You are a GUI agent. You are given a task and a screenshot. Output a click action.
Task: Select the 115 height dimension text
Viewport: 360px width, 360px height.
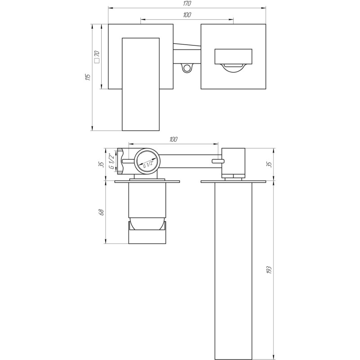(88, 77)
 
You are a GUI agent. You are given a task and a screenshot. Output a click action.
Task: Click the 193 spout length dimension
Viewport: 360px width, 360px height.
(268, 270)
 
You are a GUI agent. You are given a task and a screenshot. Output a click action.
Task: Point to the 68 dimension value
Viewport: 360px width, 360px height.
(102, 211)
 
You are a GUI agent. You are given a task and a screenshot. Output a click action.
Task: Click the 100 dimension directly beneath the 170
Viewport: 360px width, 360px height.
(187, 15)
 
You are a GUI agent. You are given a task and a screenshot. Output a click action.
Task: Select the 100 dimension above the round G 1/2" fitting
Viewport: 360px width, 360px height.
(174, 139)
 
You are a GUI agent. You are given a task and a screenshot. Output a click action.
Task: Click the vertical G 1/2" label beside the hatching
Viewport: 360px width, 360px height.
(111, 161)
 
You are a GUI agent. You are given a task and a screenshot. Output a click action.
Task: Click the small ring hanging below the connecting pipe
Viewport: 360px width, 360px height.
(187, 68)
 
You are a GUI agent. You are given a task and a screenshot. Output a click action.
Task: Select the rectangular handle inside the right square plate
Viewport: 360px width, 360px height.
(234, 56)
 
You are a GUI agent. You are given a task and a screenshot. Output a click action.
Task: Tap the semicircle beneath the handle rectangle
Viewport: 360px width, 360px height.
(234, 67)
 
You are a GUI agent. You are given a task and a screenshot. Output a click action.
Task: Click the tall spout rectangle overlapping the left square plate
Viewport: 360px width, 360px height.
(141, 84)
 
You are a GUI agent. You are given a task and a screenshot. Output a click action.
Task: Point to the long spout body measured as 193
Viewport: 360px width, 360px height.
(234, 270)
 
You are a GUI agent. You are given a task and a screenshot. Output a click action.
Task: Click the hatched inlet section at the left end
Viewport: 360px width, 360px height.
(120, 161)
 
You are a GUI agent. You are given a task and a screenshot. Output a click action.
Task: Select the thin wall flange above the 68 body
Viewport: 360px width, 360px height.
(147, 182)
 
